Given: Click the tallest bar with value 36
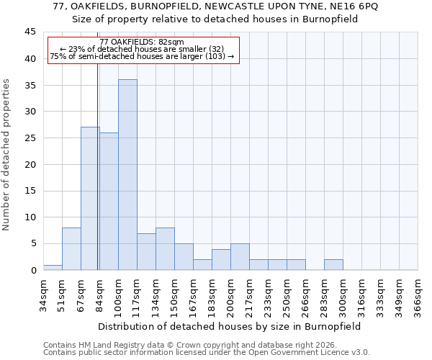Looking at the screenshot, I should click(127, 175).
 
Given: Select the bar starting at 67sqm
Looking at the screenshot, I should click(90, 199).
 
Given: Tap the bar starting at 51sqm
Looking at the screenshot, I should click(71, 249).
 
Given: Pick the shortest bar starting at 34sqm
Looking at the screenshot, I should click(53, 267).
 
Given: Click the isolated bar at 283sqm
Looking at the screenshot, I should click(333, 264).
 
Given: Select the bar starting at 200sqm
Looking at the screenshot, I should click(240, 257).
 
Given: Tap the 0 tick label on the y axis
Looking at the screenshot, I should click(32, 270).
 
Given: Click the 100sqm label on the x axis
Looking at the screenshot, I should click(118, 292).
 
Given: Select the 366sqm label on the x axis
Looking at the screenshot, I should click(418, 292).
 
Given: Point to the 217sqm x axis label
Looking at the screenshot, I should click(249, 292).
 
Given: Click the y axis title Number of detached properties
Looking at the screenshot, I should click(6, 155).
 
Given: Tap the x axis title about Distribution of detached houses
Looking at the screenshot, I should click(230, 326).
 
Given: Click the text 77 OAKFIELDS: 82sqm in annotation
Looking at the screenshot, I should click(142, 42).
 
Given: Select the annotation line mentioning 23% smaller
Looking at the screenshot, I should click(142, 49).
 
